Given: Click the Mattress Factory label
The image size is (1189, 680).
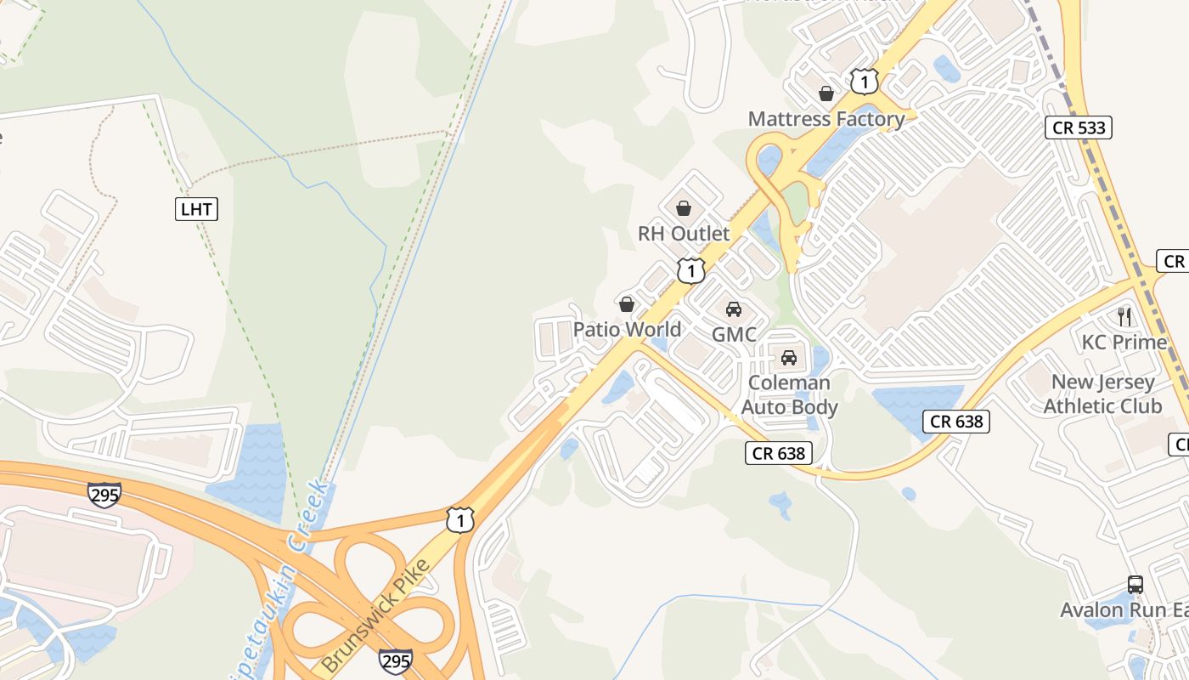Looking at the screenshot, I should coord(826,119).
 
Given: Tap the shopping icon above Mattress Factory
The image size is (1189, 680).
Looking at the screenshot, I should coord(826,93).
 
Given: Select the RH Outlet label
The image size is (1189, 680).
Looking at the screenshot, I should coord(684,234).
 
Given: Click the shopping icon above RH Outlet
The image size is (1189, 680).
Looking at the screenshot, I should coord(684,208).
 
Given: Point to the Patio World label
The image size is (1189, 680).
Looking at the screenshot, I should coord(627,330).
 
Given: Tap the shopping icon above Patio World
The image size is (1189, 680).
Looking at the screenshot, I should coord(627,304).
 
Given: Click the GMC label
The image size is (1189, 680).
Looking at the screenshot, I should coord(734,335).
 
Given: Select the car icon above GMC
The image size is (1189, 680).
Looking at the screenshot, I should coord(734,309).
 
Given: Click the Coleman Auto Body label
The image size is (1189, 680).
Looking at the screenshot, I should coord(789,395).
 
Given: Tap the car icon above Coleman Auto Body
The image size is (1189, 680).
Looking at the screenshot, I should coord(789,358).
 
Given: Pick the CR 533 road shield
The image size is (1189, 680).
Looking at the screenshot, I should coord(1078,127).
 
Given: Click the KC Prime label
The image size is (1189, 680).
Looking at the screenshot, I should coord(1124,343).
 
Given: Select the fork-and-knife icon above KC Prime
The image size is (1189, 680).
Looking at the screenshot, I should coord(1124,317).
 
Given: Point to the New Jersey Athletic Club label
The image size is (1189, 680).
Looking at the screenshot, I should coord(1102,394).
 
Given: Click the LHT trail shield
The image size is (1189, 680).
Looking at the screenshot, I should coord(197,209).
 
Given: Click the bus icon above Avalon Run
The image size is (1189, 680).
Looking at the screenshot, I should coord(1135,585).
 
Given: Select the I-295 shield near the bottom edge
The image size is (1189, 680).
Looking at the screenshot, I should coord(395,660).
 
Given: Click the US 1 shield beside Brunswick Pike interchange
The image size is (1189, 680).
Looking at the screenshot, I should coord(459,520).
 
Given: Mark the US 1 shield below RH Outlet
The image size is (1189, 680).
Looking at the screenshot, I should coord(691,271).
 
